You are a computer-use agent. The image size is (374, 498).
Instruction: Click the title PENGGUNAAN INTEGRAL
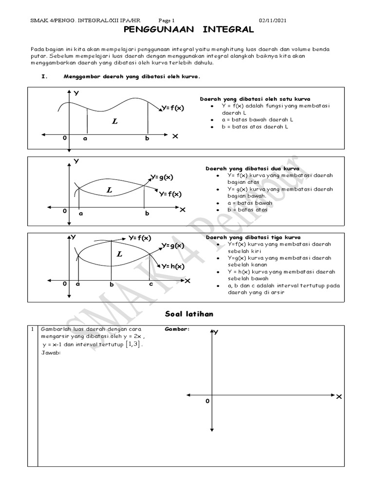(x=187, y=30)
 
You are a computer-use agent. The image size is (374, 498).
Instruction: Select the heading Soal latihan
(x=187, y=314)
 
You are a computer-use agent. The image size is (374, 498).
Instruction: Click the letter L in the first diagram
(x=114, y=121)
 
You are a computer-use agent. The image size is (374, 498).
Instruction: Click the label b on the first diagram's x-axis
(x=147, y=139)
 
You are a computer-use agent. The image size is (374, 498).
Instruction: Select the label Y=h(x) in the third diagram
(x=173, y=266)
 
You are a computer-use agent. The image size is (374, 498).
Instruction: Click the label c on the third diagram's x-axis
(x=151, y=284)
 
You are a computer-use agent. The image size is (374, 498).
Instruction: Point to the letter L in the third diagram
(x=119, y=254)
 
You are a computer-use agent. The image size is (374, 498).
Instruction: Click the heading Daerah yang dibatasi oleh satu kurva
(x=255, y=99)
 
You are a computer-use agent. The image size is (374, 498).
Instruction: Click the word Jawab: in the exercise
(x=50, y=353)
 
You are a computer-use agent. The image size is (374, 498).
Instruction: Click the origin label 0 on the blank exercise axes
(x=207, y=402)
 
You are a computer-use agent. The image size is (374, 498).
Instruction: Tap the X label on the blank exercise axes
(x=339, y=397)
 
